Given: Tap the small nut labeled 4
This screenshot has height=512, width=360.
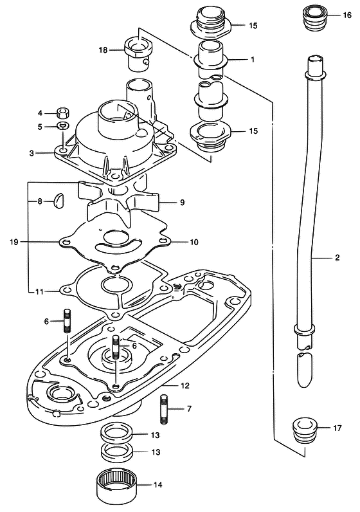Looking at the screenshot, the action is (63, 113).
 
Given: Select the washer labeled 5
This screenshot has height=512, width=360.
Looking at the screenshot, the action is (63, 125).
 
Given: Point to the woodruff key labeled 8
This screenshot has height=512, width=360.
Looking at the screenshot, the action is (59, 201).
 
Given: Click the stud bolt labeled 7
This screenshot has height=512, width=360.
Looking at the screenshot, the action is (164, 409).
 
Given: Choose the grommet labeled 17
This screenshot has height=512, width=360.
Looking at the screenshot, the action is (304, 430).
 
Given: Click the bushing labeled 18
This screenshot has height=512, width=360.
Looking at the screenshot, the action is (138, 53).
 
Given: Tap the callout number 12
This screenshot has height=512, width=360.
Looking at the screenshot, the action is (184, 386).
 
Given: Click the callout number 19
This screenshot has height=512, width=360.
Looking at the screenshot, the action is (14, 242).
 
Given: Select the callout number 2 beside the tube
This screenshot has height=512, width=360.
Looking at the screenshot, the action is (337, 257).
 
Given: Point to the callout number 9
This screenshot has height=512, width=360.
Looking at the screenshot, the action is (182, 203).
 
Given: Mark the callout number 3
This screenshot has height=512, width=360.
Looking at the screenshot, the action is (32, 153).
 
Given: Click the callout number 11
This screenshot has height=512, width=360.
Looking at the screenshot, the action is (39, 291).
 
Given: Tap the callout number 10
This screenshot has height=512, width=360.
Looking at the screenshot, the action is (194, 242).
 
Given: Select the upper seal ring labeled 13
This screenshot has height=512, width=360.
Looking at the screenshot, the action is (116, 433).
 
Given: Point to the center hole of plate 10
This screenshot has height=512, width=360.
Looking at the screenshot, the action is (115, 237).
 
